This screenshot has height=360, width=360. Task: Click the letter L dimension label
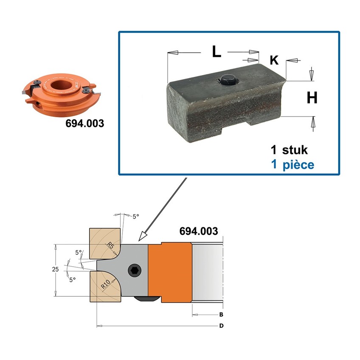[217, 51]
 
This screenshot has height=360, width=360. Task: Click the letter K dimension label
[274, 60]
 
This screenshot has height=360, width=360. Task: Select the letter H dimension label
[312, 98]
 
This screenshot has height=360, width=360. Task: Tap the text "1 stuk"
[289, 150]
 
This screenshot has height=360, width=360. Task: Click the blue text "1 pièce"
[292, 165]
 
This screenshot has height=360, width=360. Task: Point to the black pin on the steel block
[228, 80]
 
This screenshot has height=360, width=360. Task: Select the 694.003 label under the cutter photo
[85, 123]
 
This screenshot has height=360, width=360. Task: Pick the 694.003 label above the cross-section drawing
[199, 231]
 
